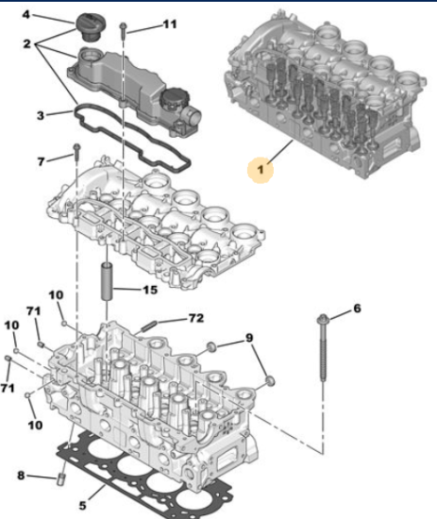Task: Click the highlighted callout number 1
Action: [x=261, y=170]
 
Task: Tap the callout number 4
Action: [x=26, y=14]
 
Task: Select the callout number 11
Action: [x=170, y=25]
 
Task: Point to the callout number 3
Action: [x=40, y=115]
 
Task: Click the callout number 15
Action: [x=150, y=290]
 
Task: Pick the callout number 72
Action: [x=196, y=318]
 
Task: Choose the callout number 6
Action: [x=357, y=309]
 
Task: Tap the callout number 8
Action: [x=21, y=476]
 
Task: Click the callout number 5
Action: [x=82, y=506]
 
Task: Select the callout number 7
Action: [x=41, y=161]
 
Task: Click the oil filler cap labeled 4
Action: [x=88, y=26]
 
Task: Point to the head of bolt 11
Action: [x=123, y=25]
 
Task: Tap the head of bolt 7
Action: [x=76, y=146]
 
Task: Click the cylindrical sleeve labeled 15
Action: [x=108, y=280]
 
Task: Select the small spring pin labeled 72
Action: [x=148, y=326]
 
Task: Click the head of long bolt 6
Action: [x=323, y=319]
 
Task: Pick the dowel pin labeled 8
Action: [x=61, y=479]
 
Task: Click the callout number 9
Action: [x=249, y=338]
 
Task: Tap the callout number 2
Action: [x=26, y=43]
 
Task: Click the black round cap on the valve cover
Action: [x=172, y=99]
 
